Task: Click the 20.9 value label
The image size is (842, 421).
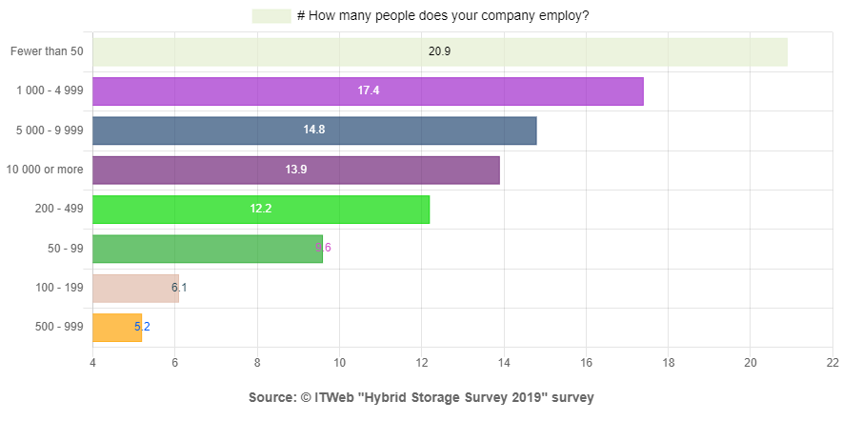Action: coord(439,51)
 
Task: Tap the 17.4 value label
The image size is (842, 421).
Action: coord(369,90)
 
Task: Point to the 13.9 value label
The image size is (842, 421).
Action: coord(296,170)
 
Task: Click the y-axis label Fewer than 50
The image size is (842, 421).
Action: coord(48,51)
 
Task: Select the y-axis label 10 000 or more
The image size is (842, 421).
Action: coord(45,170)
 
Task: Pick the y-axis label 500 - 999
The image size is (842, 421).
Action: coord(59,328)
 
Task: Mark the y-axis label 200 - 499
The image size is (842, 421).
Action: coord(59,210)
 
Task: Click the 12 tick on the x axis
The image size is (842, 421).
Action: coord(422,363)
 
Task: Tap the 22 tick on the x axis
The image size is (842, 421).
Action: coord(832,363)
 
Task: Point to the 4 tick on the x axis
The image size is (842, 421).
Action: coord(92,363)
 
